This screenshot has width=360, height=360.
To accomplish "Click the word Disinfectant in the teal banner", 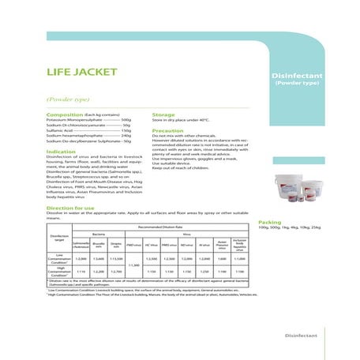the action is pyautogui.click(x=294, y=75).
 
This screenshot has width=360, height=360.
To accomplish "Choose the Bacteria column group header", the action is pyautogui.click(x=99, y=234).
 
